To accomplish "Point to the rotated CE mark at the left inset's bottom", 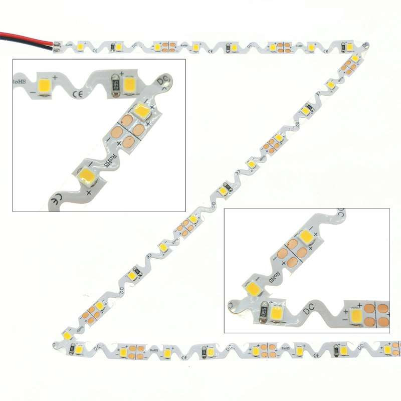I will (56, 199).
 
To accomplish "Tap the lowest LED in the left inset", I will (87, 176).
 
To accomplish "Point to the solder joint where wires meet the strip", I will (57, 45).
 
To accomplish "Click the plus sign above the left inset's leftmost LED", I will (55, 77).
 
